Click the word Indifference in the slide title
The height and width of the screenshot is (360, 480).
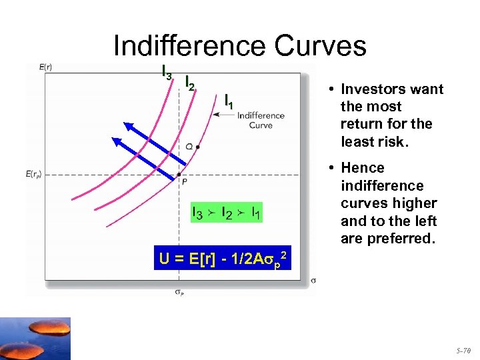[191, 46]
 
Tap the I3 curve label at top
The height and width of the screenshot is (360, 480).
[167, 71]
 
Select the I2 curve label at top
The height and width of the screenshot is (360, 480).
[189, 83]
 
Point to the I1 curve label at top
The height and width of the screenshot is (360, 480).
[229, 101]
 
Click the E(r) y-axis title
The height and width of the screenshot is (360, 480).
[47, 67]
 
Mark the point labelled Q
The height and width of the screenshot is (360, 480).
[198, 146]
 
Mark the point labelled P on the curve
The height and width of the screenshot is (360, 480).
[179, 175]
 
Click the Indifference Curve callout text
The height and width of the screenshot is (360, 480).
[260, 120]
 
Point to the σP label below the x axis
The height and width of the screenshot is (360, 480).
[179, 290]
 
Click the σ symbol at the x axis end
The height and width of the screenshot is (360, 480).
[313, 280]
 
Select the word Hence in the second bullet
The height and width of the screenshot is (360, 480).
[363, 168]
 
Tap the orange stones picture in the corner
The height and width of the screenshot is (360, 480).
[35, 338]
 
